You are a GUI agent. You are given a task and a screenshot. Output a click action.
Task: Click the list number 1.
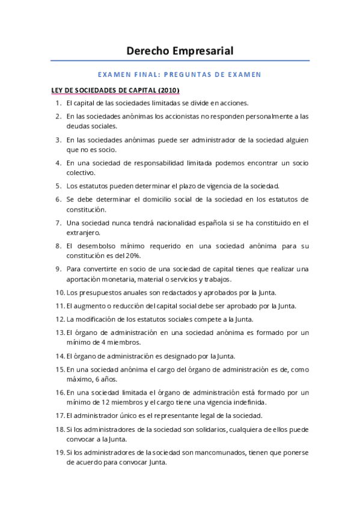[x=58, y=103]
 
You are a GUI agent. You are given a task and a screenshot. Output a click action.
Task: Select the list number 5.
[x=58, y=186]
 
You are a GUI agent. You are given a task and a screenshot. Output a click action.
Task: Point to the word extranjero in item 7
[x=85, y=232]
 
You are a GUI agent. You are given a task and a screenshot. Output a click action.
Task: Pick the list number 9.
[x=58, y=268]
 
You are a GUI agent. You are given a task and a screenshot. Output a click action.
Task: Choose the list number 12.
[x=59, y=319]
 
